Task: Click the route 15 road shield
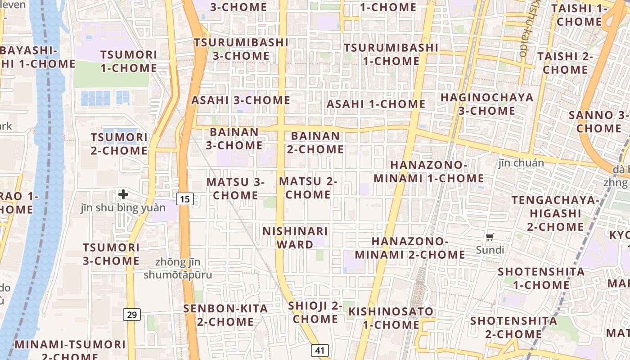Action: coord(185,198)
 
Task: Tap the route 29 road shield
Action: coord(132,314)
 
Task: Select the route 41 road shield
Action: coord(319,351)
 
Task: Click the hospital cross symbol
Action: coord(123,194)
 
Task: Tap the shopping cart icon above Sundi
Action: coord(490,237)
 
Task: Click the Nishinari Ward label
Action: coord(295,238)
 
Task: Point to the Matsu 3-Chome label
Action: coord(235,189)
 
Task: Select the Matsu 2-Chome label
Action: coord(308,188)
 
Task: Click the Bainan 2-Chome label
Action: coord(315,142)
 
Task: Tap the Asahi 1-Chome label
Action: coord(376,104)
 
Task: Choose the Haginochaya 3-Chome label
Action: coord(486,104)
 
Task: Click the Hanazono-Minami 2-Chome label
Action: coord(409,248)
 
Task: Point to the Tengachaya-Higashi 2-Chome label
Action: coord(555,213)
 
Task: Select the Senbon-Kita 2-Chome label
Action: coord(225,315)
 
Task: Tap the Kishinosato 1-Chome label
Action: coord(391,318)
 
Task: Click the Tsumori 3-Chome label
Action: coord(111,254)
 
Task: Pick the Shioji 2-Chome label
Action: coord(315,312)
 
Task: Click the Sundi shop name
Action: coord(490,250)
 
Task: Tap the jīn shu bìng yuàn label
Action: coord(123,208)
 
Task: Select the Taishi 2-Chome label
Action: coord(565,63)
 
